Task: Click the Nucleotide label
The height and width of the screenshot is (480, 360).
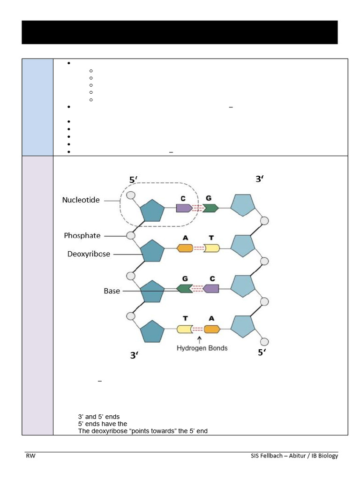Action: coord(81,200)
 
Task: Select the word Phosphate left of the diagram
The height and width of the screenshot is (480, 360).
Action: coord(82,236)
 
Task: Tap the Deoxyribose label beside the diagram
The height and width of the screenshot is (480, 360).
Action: coord(88,254)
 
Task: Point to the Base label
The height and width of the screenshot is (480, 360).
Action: coord(112,291)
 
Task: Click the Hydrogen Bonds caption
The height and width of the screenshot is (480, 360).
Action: coord(202,348)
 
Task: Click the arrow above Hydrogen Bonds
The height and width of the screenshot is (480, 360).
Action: coord(200,339)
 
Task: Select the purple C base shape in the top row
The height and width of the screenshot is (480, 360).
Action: coord(184,208)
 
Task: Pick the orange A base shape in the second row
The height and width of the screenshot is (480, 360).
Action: coord(185,248)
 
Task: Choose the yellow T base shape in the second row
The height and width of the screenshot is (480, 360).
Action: coord(211,248)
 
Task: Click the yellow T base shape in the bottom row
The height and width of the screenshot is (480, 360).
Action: coord(185,329)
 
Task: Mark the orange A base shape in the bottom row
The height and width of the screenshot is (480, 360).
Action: coord(212,329)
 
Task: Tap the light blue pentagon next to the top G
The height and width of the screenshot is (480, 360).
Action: coord(243,206)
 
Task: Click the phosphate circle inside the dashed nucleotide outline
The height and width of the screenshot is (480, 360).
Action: coord(131,195)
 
